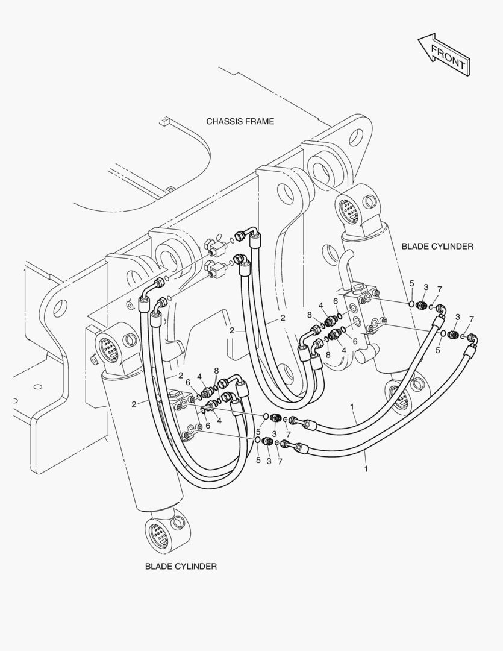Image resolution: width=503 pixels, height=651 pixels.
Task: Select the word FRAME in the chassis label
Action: tap(259, 121)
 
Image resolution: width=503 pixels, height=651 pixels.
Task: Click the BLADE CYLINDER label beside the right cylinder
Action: tap(437, 246)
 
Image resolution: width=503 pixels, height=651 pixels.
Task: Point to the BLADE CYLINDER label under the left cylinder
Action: tap(181, 566)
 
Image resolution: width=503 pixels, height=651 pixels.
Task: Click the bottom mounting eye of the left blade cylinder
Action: tap(160, 533)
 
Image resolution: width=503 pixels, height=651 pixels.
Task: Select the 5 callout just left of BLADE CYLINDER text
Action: tap(412, 283)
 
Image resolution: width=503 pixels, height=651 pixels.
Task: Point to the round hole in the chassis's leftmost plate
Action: tap(58, 308)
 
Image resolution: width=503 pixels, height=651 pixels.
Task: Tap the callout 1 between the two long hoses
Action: tap(352, 407)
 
